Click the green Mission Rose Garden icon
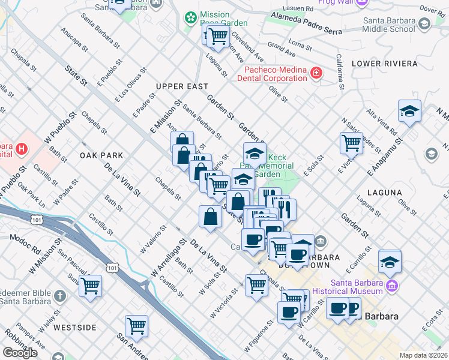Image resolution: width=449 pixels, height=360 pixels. click(x=191, y=19)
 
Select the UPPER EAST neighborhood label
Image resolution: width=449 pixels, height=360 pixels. click(x=181, y=87)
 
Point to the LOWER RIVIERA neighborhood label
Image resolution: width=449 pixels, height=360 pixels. click(x=384, y=63)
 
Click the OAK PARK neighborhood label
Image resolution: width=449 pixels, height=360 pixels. click(x=101, y=155)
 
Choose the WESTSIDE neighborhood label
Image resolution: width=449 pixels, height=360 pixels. click(x=74, y=328)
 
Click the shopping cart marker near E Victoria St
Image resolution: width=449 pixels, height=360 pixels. click(x=351, y=143)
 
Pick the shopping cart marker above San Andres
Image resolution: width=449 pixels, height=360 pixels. click(x=137, y=326)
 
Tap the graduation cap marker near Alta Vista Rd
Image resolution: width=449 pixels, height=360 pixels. click(x=409, y=111)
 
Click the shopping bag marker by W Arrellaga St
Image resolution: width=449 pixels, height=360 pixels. click(x=211, y=217)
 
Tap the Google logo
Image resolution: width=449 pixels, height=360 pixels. click(x=20, y=353)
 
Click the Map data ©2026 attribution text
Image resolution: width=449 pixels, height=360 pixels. click(x=423, y=355)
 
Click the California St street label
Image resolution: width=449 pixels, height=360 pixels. click(x=340, y=71)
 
